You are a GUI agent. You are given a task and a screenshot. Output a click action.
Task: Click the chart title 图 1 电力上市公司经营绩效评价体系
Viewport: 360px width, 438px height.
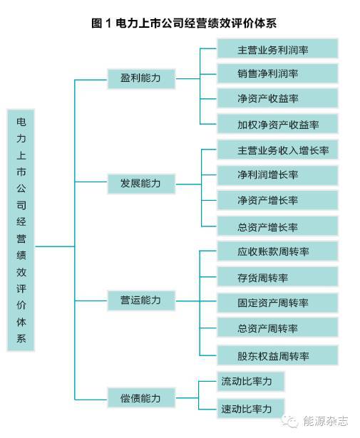click(x=184, y=23)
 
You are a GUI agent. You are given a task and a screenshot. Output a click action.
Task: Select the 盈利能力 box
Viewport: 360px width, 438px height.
click(x=141, y=79)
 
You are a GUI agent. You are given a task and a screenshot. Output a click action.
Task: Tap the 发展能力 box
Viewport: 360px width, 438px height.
click(x=141, y=184)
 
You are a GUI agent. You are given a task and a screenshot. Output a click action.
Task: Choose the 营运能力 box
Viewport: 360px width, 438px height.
click(x=141, y=301)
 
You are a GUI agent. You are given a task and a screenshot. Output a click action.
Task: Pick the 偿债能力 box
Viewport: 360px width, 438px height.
click(x=141, y=397)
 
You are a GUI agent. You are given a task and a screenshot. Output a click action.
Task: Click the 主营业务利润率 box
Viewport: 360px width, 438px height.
click(x=277, y=48)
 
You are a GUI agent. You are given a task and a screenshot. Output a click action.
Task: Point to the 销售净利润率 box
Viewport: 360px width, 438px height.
click(x=277, y=73)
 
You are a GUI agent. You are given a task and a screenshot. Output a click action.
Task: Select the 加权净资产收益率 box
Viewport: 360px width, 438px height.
click(x=277, y=124)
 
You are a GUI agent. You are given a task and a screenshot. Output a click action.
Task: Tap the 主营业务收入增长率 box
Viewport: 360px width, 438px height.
click(x=277, y=150)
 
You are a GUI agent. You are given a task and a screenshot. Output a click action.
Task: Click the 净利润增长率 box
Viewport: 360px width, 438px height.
click(x=277, y=175)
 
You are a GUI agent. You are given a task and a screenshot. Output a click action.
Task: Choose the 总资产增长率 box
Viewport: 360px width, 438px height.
click(x=277, y=226)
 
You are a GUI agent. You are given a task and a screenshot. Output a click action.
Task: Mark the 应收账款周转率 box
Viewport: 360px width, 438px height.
click(x=277, y=251)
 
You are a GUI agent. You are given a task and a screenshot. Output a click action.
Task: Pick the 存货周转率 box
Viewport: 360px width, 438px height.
click(x=277, y=276)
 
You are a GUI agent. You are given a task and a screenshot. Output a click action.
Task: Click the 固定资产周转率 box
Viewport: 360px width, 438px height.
click(x=277, y=303)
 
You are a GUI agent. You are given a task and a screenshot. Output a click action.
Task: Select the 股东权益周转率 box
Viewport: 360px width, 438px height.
click(x=277, y=355)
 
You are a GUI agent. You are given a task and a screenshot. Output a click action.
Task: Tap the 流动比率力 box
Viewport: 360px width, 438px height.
click(x=251, y=381)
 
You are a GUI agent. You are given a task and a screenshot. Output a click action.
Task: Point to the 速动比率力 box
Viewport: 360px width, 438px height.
click(x=251, y=409)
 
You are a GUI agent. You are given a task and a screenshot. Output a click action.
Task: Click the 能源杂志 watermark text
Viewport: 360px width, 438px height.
click(x=326, y=421)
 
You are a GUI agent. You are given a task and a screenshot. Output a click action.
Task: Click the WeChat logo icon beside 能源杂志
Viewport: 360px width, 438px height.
click(x=291, y=421)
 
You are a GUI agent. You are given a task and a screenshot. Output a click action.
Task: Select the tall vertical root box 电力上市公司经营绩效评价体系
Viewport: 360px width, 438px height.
click(x=21, y=230)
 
